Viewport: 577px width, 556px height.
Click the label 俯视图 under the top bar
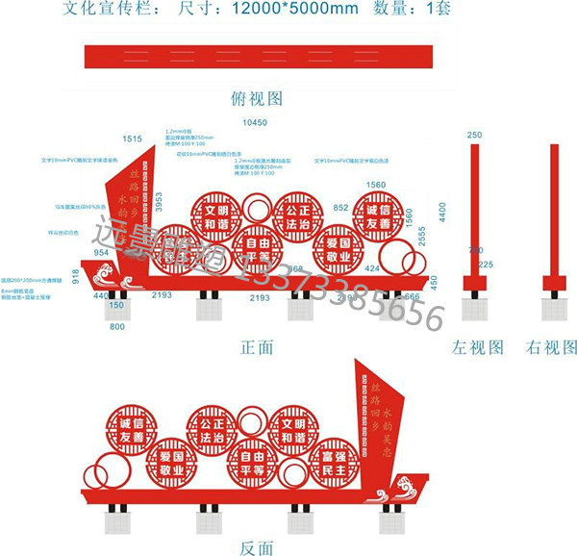(257, 97)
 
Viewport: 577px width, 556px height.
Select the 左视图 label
(478, 347)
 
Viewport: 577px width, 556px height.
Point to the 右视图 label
(552, 347)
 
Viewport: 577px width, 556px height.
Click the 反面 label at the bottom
(256, 547)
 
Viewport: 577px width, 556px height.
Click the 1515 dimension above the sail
(133, 139)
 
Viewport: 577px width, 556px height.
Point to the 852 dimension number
(340, 207)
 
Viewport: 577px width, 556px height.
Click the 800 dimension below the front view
(116, 328)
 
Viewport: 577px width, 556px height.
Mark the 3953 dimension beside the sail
(160, 203)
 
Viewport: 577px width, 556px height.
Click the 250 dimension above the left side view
(474, 136)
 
